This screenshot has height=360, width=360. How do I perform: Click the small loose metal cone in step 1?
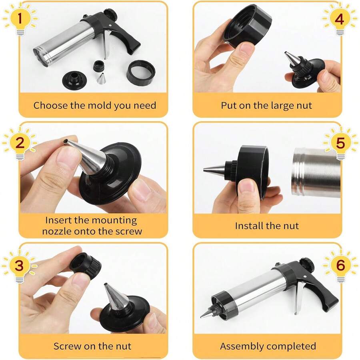point(101,78)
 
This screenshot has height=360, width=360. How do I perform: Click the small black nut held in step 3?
point(85,264)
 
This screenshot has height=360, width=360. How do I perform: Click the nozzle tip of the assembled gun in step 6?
point(204,316)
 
